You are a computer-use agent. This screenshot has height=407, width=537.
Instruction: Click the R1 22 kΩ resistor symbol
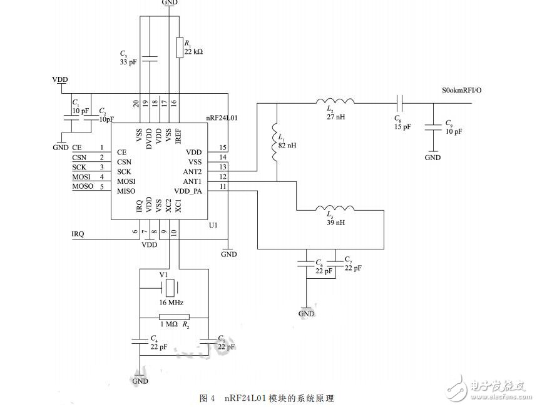coord(180,48)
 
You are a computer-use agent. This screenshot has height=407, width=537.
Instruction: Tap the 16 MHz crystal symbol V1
coord(170,288)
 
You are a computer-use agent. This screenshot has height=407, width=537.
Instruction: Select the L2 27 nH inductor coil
coord(335,101)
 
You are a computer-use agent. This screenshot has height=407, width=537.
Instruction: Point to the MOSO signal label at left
coord(83,186)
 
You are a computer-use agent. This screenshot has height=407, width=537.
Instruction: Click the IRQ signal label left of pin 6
coord(78,234)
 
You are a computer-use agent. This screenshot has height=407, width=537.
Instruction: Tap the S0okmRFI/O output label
coord(462,91)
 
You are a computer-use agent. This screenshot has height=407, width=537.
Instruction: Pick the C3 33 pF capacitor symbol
coord(149,60)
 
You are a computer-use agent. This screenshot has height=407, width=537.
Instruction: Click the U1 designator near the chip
coord(212,224)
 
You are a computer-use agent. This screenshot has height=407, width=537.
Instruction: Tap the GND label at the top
coord(169,3)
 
